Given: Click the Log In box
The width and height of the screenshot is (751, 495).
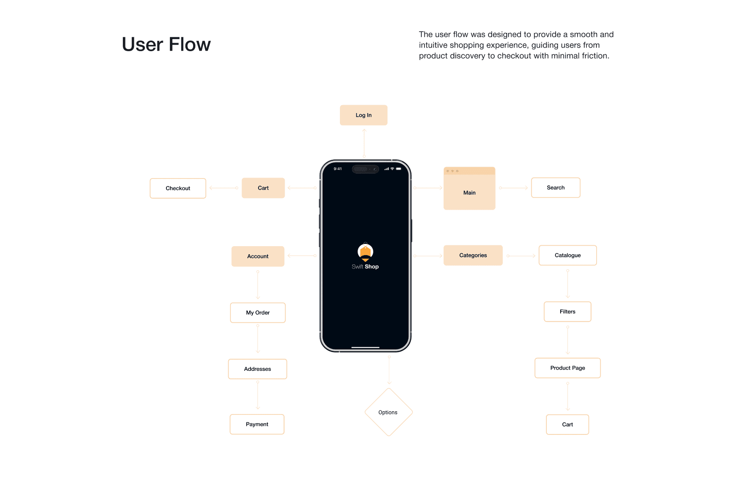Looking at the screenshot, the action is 363,115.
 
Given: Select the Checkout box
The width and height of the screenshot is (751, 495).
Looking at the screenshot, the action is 178,188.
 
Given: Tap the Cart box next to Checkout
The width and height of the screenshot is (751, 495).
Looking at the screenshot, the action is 263,188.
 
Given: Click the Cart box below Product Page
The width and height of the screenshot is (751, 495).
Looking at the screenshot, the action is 567,425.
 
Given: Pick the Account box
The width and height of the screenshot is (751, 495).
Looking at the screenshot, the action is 258,256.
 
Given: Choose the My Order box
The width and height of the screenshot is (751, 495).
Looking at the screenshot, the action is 258,313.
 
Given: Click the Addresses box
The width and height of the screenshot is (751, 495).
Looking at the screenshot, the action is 257,369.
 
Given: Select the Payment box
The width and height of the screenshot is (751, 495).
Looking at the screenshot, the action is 257,425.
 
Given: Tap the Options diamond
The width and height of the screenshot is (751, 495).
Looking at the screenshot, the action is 388,412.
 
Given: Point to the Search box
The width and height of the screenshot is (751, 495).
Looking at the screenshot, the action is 556,188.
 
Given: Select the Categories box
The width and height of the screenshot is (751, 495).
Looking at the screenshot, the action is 473,256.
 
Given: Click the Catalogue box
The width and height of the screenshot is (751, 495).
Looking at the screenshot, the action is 568,256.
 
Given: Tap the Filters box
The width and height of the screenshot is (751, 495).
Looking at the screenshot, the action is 567,312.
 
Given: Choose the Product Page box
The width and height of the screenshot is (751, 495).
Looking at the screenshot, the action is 567,368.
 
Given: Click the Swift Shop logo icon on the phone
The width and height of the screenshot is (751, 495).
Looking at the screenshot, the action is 365,252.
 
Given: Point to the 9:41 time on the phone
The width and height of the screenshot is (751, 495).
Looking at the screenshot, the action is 338,169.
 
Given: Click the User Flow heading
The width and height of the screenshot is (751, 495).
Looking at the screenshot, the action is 166,45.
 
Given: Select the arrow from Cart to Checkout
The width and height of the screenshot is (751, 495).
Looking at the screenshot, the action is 224,188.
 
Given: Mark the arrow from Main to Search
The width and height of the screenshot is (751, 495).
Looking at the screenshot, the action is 513,188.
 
